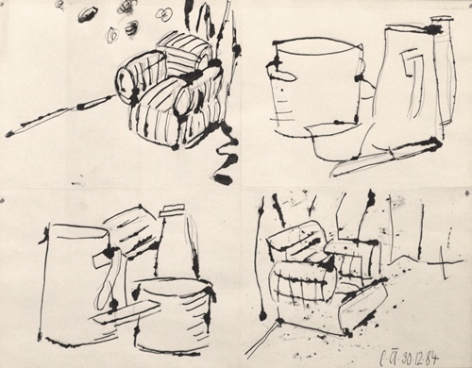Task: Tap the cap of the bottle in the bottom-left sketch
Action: point(174,211)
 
